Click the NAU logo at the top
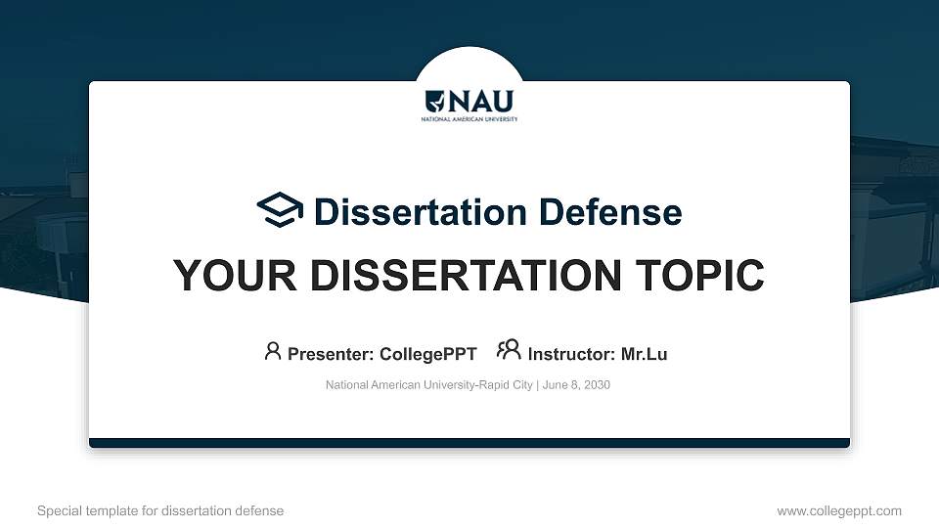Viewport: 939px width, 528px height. tap(469, 102)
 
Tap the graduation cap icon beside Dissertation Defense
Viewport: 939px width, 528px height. tap(281, 210)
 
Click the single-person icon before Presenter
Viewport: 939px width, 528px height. tap(273, 351)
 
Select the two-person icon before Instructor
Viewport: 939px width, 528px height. tap(509, 350)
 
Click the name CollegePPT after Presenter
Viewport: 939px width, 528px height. tap(427, 354)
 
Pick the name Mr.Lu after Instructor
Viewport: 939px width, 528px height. tap(644, 354)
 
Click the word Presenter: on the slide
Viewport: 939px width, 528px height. tap(331, 354)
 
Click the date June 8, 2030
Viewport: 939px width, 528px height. tap(576, 385)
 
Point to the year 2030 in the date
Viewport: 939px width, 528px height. tap(596, 385)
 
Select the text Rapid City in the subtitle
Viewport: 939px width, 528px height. tap(505, 385)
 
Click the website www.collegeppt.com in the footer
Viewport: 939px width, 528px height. tap(839, 510)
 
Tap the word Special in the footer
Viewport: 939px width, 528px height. tap(58, 510)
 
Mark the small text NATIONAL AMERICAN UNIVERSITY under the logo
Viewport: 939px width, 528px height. tap(469, 119)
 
